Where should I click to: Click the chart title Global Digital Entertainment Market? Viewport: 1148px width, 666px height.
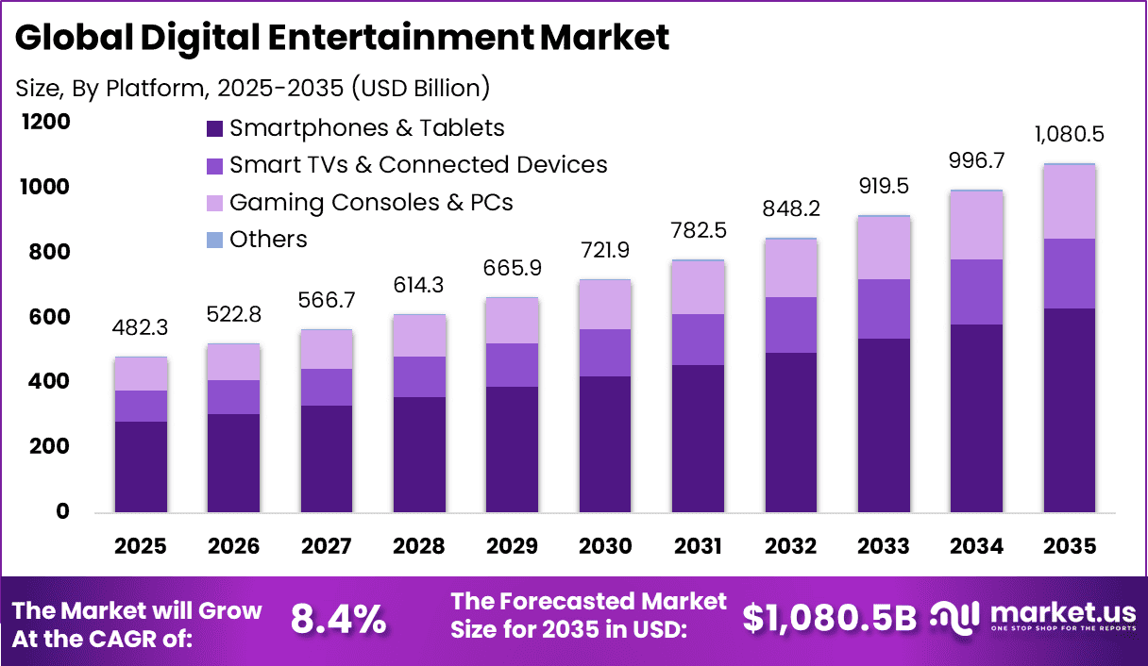coord(342,38)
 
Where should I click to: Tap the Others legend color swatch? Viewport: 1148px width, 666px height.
coord(214,240)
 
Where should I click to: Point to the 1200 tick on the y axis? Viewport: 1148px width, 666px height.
coord(47,123)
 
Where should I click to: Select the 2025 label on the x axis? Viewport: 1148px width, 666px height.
coord(141,546)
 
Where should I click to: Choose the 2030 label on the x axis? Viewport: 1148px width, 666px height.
coord(605,546)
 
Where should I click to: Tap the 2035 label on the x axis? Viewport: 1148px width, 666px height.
coord(1070,546)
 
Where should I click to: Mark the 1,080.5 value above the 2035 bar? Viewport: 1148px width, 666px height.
coord(1070,134)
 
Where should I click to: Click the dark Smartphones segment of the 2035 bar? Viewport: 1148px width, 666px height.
coord(1070,410)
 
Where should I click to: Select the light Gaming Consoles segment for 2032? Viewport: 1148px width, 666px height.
coord(791,269)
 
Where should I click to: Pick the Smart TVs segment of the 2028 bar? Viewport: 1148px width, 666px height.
coord(419,377)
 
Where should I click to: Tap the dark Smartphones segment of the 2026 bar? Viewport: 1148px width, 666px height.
coord(233,463)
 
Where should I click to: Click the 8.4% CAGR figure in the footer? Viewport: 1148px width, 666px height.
coord(338,619)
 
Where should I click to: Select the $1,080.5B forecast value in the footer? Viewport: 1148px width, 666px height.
coord(829,618)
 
